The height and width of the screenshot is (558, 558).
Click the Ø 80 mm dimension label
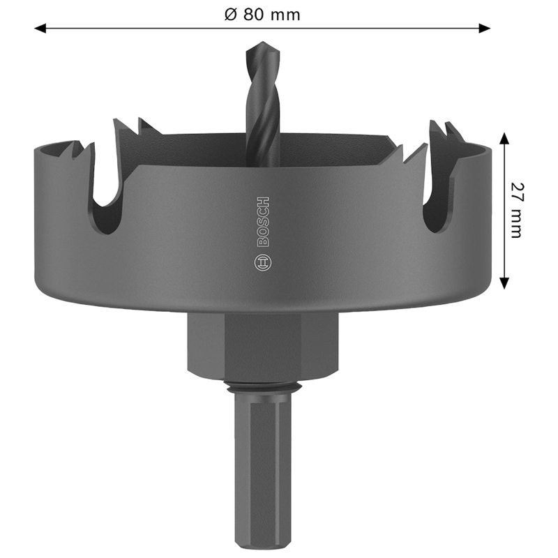coord(262,15)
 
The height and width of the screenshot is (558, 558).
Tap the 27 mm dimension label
coord(517,210)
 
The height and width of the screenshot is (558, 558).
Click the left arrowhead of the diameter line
coord(40,28)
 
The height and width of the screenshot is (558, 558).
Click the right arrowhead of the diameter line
coord(485,28)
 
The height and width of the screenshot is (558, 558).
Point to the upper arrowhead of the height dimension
coord(504,138)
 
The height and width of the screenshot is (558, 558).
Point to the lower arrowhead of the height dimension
coord(504,283)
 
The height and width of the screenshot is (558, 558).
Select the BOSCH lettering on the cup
coord(263,221)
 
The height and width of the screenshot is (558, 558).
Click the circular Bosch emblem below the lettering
coord(263,263)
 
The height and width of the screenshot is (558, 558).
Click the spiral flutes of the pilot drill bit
coord(263,107)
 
